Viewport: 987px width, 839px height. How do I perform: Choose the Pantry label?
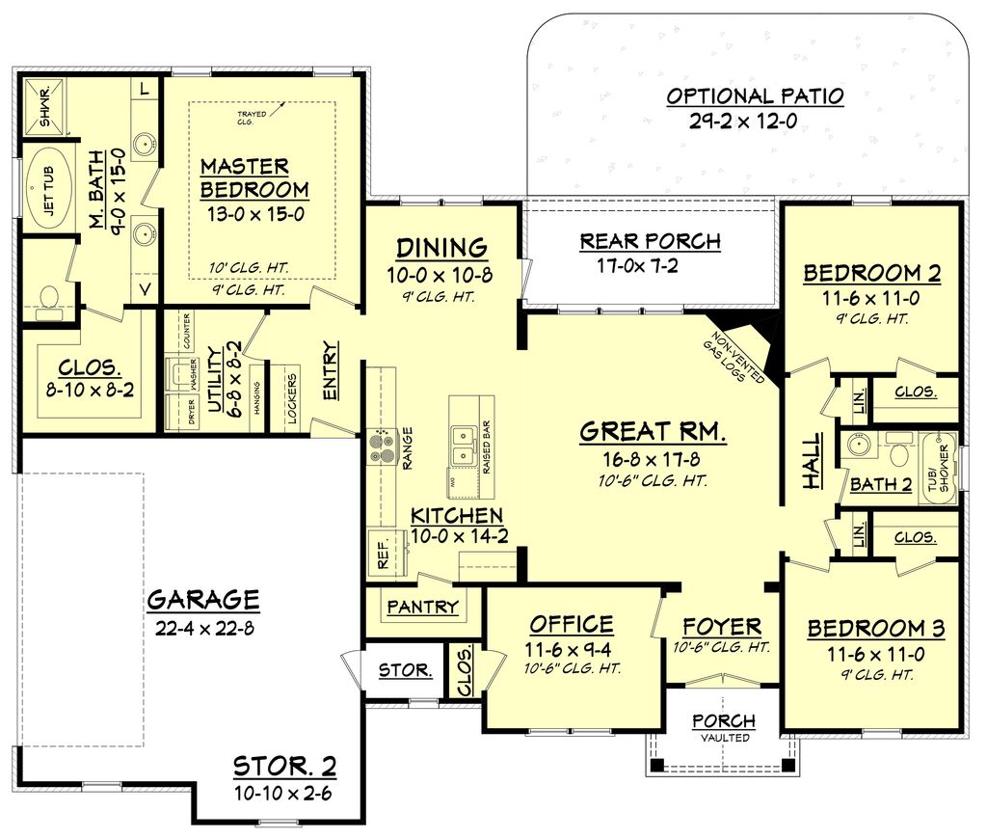click(422, 608)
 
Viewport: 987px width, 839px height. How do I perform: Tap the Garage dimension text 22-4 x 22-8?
click(202, 628)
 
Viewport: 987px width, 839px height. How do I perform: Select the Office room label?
click(570, 624)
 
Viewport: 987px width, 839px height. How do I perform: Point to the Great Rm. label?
click(653, 433)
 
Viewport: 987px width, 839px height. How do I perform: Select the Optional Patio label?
click(755, 96)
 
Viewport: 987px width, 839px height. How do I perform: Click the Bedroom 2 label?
click(872, 273)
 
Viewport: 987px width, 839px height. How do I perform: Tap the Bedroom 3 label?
click(875, 629)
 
